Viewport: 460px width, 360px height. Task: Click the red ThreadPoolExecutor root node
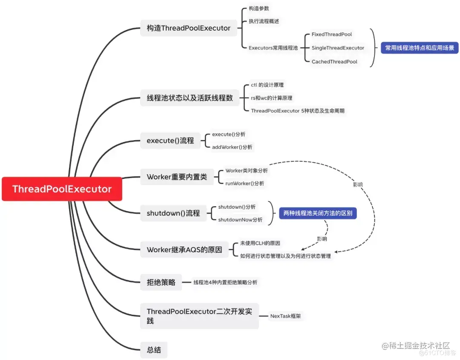pos(62,189)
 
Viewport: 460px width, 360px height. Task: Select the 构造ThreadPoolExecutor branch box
pos(188,28)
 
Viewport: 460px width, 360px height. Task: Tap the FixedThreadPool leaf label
pos(332,35)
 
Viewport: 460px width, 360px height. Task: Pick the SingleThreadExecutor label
pos(338,48)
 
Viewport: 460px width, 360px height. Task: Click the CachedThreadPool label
pos(334,62)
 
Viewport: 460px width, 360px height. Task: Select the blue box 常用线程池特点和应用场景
pos(420,48)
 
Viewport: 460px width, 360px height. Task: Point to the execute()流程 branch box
pos(170,141)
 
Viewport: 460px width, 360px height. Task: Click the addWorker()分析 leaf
pos(232,147)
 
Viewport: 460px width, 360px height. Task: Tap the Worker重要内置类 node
pos(177,177)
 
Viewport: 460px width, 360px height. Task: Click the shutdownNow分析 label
pos(240,220)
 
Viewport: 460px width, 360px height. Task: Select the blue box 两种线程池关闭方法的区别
pos(318,213)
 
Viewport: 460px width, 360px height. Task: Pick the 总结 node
pos(154,350)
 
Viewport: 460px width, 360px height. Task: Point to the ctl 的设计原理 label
pos(267,85)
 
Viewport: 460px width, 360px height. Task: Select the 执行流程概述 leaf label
pos(264,21)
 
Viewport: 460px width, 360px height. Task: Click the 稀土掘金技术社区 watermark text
pos(416,346)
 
